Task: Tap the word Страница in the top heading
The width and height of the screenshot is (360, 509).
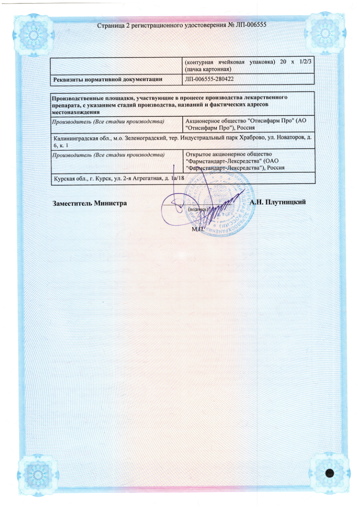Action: click(x=110, y=25)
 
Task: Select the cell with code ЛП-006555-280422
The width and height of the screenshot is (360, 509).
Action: click(x=208, y=80)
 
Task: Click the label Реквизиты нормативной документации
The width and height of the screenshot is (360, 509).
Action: click(x=107, y=80)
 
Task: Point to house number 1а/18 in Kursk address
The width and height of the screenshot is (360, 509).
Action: click(x=177, y=179)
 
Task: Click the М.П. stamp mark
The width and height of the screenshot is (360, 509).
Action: click(x=198, y=229)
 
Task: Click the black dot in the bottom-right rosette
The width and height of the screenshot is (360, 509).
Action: click(x=330, y=473)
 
